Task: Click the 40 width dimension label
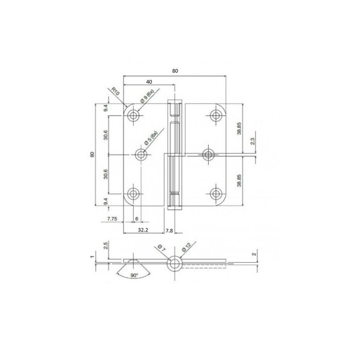coord(149,82)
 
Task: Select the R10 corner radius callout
coord(116,93)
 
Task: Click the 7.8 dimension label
coord(170,231)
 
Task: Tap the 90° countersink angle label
coord(134,276)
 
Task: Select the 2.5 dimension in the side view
coord(106,246)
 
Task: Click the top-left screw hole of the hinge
coord(134,116)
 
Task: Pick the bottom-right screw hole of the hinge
coord(215,193)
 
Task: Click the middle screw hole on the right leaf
coord(208,154)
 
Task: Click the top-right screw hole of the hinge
coord(215,116)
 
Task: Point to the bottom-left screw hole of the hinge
coord(134,193)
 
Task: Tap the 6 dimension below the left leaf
coord(136,219)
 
